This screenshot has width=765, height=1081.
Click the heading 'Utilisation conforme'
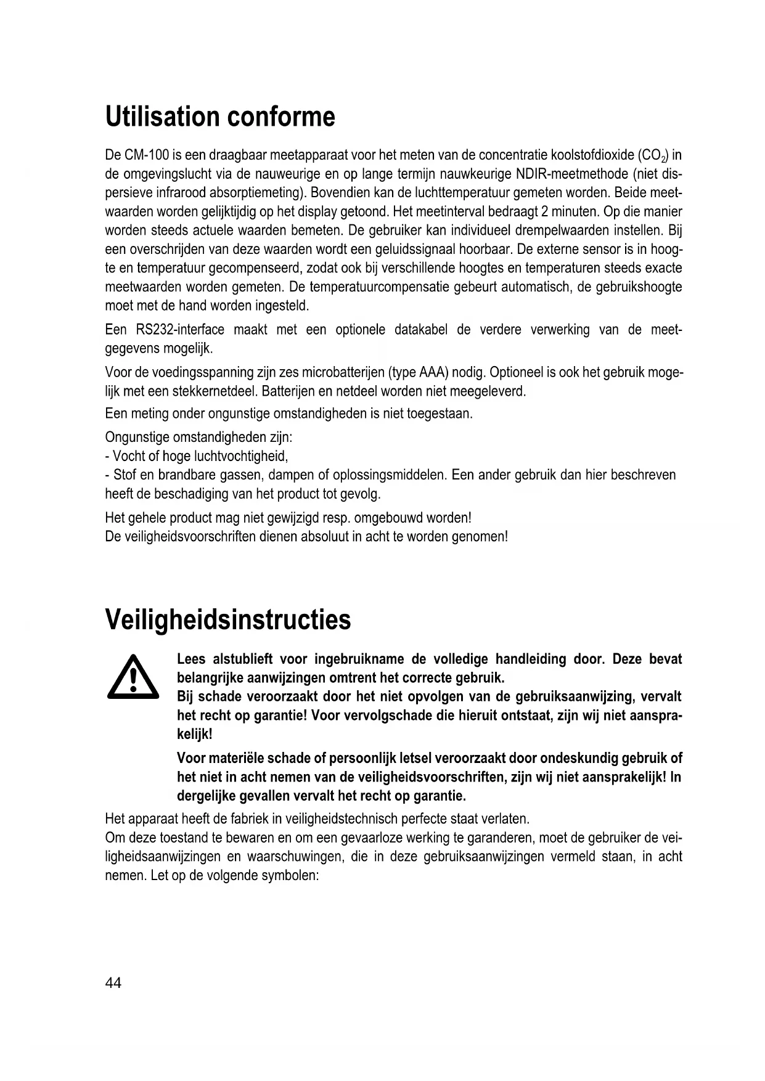[x=220, y=116]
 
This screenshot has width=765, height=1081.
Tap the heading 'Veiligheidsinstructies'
[x=228, y=619]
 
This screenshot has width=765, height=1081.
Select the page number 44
[x=113, y=982]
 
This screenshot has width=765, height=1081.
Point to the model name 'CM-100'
[x=144, y=154]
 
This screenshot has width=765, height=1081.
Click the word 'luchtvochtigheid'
[x=240, y=456]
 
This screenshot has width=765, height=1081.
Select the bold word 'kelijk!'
[x=195, y=735]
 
